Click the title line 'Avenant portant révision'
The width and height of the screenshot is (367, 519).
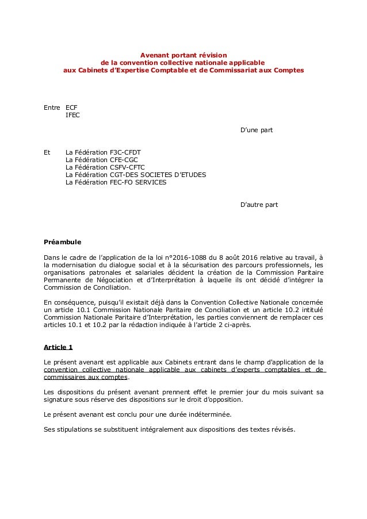tap(184, 54)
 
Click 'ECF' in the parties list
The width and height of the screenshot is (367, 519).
tap(72, 107)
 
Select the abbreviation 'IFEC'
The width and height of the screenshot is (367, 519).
tap(73, 115)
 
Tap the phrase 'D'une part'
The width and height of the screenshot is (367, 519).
tap(256, 130)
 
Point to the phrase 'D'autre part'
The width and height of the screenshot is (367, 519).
tap(258, 204)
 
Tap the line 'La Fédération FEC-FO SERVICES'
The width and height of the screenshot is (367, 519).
tap(116, 182)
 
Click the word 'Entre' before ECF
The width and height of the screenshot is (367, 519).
tap(52, 107)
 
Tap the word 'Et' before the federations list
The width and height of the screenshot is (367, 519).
tap(48, 152)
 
